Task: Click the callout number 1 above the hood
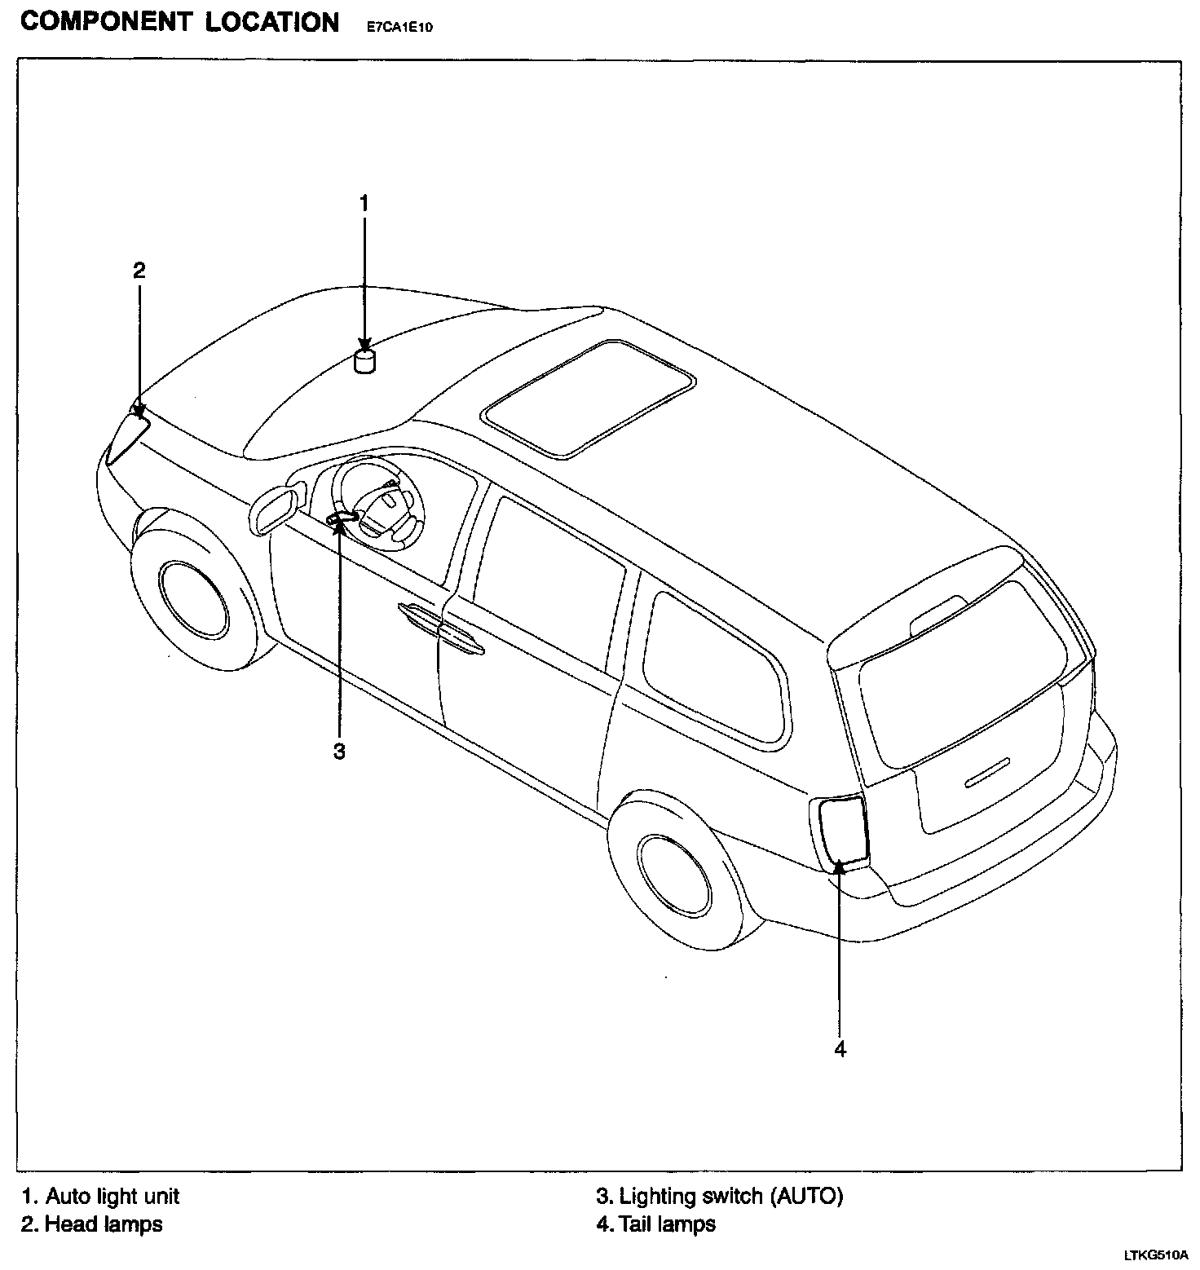[x=364, y=203]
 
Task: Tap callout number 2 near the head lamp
[x=139, y=271]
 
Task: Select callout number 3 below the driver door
[x=339, y=751]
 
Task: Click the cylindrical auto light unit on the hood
[x=365, y=361]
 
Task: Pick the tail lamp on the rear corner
[x=840, y=831]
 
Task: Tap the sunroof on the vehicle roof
[x=589, y=397]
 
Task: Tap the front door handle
[x=422, y=617]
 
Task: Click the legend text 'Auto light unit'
[x=112, y=1196]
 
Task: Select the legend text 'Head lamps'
[x=103, y=1224]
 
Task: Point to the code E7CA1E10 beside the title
[x=394, y=28]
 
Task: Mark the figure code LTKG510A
[x=1156, y=1255]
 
